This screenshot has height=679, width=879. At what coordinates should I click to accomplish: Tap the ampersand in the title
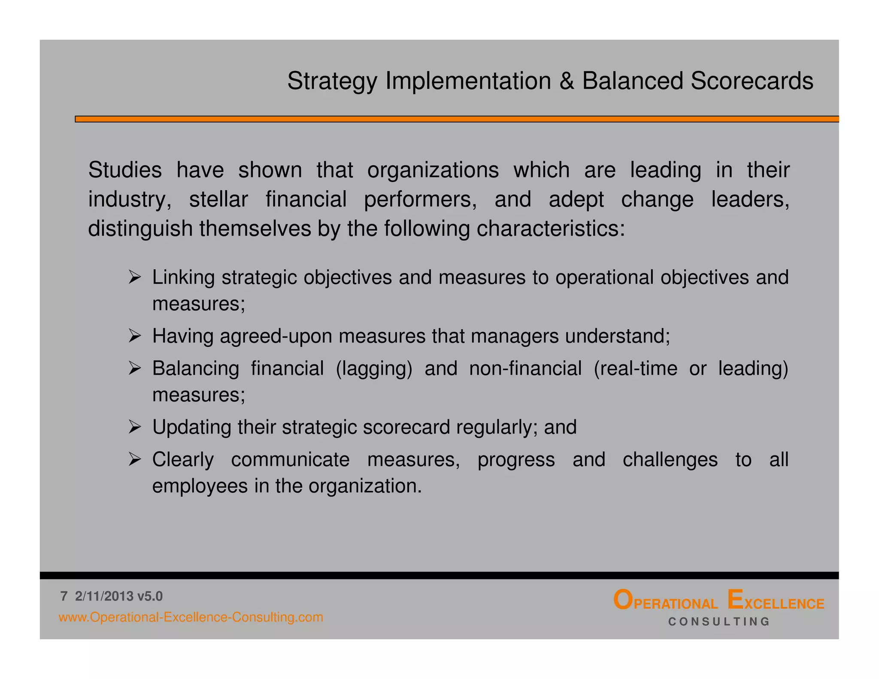pos(567,81)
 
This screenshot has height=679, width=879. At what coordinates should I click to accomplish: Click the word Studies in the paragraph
pos(125,170)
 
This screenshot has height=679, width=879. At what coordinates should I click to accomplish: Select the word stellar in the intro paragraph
pos(218,200)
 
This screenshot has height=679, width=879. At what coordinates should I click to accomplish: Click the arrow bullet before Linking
pos(134,277)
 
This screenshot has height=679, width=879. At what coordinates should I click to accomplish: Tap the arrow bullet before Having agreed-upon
pos(134,336)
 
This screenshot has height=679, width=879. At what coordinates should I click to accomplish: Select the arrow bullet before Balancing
pos(134,368)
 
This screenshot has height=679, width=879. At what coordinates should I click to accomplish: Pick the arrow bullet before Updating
pos(134,427)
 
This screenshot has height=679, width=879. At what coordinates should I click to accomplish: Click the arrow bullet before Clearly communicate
pos(134,460)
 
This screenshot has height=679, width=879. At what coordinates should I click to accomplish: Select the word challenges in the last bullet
pos(670,460)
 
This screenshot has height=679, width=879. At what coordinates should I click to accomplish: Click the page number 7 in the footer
pos(64,596)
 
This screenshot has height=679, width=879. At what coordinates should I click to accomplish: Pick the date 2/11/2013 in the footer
pos(104,596)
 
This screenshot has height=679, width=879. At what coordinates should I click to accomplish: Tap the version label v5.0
pos(150,596)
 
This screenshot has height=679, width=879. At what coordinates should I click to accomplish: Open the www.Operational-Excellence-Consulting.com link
pos(191,617)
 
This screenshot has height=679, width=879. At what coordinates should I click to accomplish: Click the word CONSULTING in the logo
pos(719,621)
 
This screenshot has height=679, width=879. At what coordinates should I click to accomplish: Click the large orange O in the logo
pos(623,600)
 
